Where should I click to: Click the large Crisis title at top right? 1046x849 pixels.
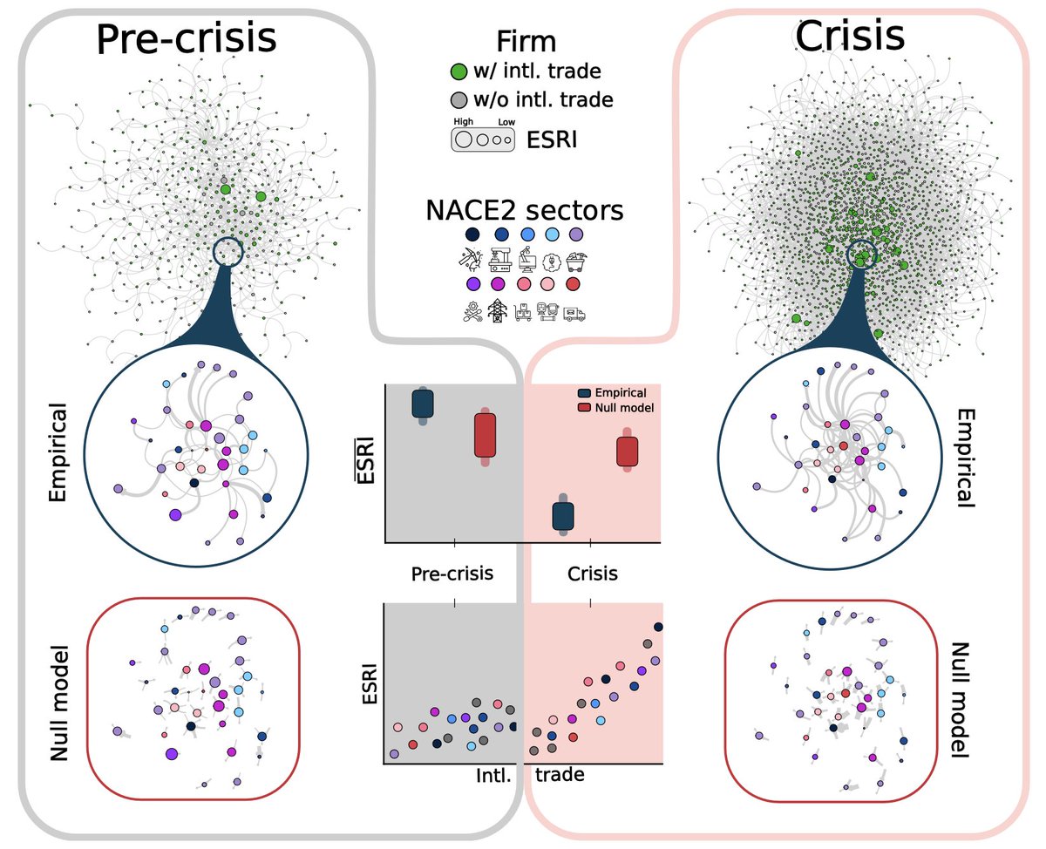pyautogui.click(x=849, y=37)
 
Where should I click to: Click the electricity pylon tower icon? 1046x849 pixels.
pyautogui.click(x=498, y=312)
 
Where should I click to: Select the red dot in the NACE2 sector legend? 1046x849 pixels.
pyautogui.click(x=573, y=284)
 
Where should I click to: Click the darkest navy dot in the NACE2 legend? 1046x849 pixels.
pyautogui.click(x=472, y=235)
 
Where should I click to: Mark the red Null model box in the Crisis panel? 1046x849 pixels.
pyautogui.click(x=628, y=452)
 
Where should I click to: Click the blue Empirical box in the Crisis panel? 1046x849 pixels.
pyautogui.click(x=564, y=515)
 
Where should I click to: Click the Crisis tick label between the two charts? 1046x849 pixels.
pyautogui.click(x=592, y=574)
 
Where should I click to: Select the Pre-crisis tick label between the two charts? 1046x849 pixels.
pyautogui.click(x=452, y=574)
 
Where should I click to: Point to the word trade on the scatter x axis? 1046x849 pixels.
pyautogui.click(x=559, y=773)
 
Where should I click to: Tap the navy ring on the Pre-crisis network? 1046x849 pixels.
pyautogui.click(x=228, y=252)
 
